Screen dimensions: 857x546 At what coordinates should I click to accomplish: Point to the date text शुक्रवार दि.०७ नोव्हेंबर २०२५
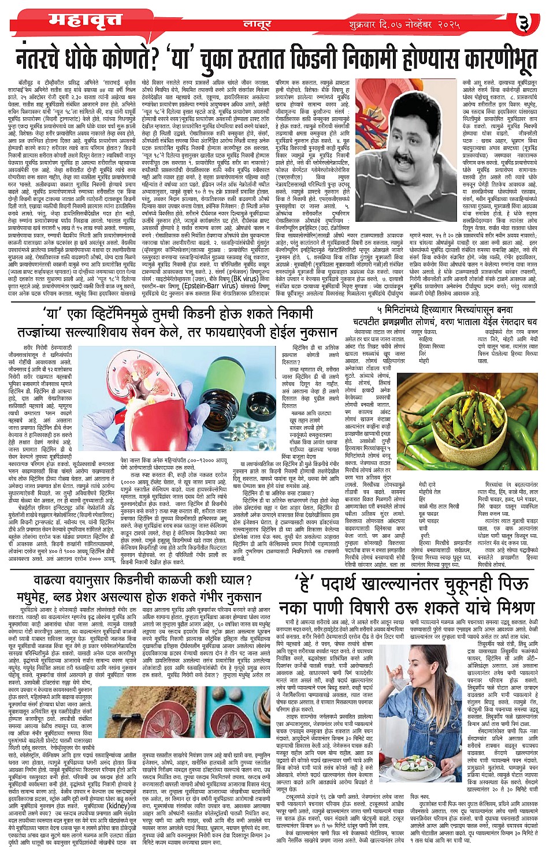404,24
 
